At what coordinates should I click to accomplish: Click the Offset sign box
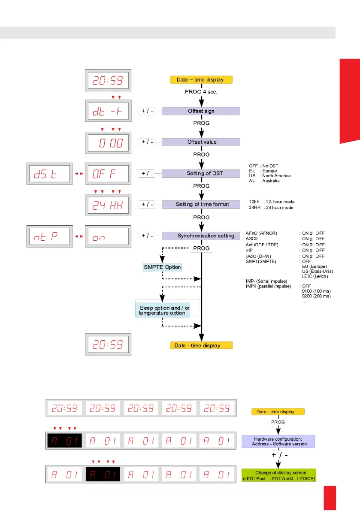coord(201,111)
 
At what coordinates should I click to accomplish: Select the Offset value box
coord(201,142)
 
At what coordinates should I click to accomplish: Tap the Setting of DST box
coord(201,173)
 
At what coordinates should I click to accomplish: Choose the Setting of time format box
coord(201,205)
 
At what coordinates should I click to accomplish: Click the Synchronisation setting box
coord(201,236)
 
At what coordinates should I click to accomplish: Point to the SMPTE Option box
coord(162,267)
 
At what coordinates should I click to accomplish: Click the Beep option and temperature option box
coord(162,310)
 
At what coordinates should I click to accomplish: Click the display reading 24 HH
coord(107,205)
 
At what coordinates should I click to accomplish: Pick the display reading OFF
coord(107,174)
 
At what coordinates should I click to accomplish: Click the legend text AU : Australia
coord(264,181)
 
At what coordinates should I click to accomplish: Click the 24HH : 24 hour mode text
coord(272,207)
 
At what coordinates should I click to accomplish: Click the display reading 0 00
coord(107,143)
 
